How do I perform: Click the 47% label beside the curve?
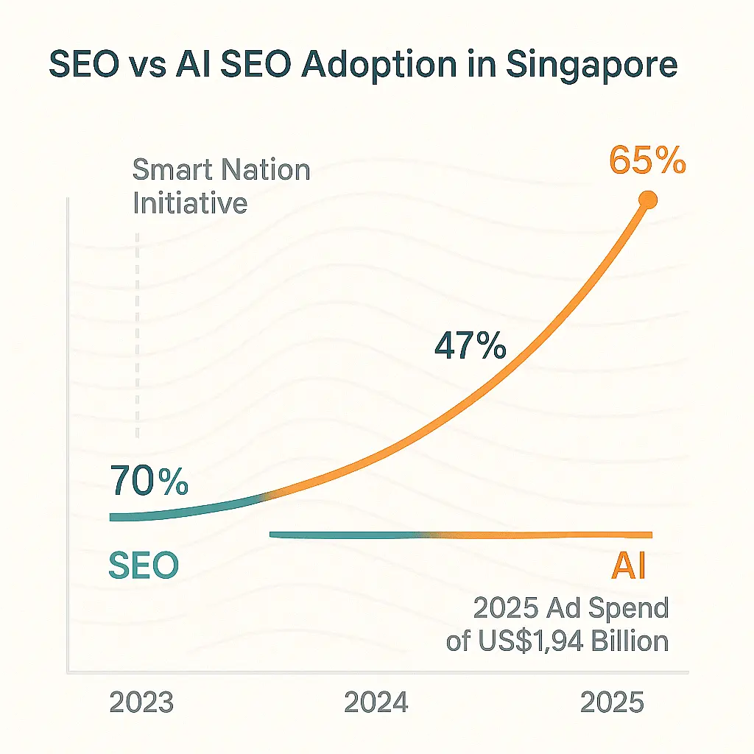pos(470,345)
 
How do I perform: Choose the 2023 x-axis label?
pos(141,702)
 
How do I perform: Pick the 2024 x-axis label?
pos(376,702)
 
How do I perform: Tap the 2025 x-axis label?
pos(612,702)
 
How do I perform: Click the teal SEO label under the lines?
pos(144,565)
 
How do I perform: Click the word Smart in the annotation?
pos(172,171)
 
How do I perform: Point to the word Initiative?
pos(190,202)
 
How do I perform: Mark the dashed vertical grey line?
pos(138,331)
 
